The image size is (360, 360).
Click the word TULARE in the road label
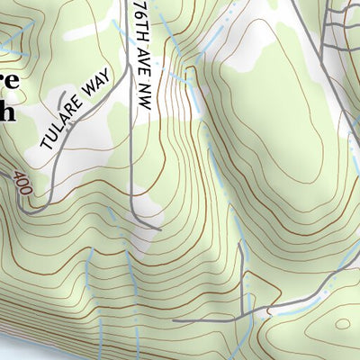[x=58, y=129]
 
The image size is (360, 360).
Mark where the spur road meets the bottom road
[x=240, y=315]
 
